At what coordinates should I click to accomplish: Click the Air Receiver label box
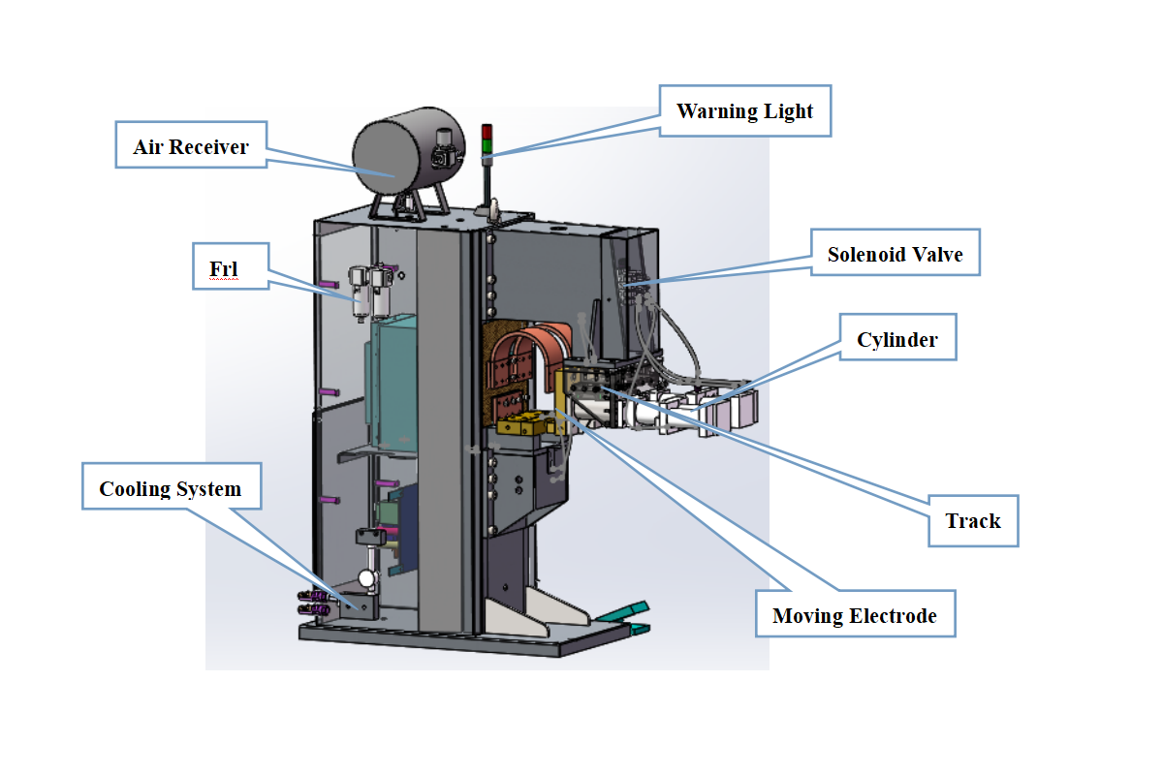(191, 144)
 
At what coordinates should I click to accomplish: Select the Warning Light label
(745, 110)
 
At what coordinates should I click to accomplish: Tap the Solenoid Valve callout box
(896, 252)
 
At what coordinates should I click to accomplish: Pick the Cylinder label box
(897, 337)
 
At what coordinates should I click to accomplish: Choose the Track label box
(973, 520)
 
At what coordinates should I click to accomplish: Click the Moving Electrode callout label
(855, 613)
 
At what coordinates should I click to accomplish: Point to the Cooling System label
(172, 486)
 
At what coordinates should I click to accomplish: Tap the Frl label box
(231, 266)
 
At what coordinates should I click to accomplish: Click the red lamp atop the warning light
(487, 132)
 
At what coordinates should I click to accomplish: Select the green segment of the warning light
(487, 146)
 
